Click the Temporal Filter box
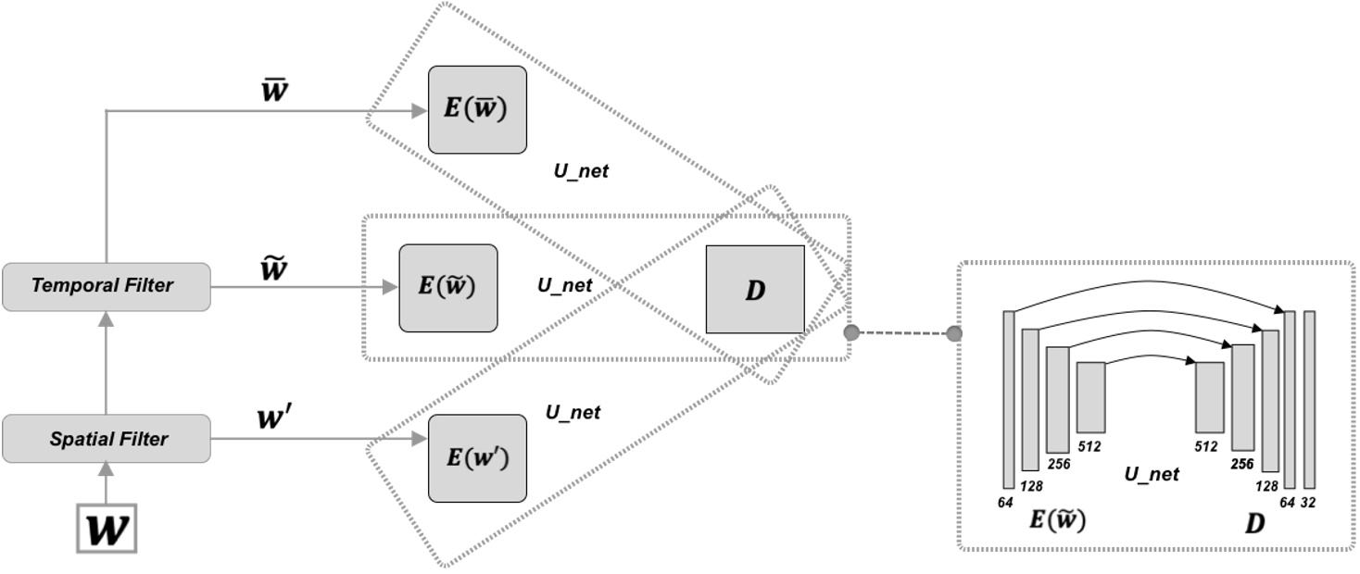pos(107,286)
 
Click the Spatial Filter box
pos(107,439)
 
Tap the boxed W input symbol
pos(107,529)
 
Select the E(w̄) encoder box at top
pos(477,109)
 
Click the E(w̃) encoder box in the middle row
pos(448,288)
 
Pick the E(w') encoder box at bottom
pos(477,458)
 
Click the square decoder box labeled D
pos(755,289)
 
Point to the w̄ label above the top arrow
pos(274,92)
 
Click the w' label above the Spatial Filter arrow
pos(274,418)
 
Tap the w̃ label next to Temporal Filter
pos(274,269)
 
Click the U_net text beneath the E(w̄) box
pos(581,171)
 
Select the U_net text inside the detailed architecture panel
pos(1152,474)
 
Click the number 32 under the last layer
pos(1308,503)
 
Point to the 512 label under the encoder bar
pos(1089,446)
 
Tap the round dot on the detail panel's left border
pos(954,333)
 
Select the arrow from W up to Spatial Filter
pos(107,482)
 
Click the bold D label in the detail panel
pos(1253,524)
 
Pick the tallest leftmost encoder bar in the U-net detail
pos(1009,398)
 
